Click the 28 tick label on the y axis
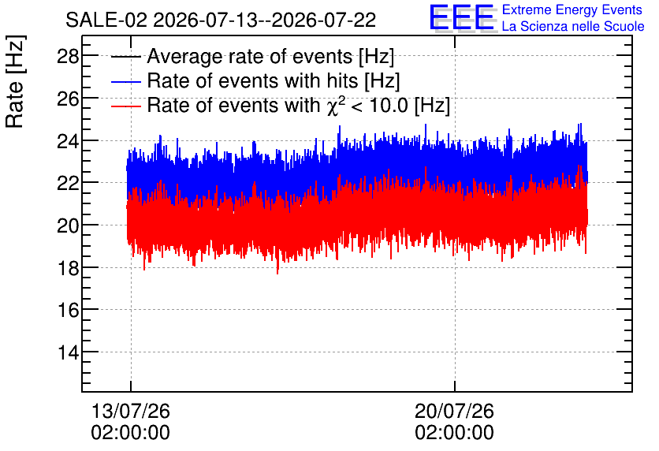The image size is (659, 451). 68,56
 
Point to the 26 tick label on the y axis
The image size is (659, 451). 68,99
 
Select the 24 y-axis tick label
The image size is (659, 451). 68,141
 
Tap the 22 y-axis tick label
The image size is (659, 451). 68,183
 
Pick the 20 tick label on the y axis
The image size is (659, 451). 68,225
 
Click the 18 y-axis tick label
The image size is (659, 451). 68,268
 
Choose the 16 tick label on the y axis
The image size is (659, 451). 68,310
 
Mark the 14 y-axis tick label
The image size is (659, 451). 68,352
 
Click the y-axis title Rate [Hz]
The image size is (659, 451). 15,81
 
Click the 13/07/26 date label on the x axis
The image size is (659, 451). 131,411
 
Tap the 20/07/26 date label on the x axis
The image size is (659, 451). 454,411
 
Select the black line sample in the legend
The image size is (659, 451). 125,57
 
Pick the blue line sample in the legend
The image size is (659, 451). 125,81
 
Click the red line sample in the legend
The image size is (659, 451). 125,106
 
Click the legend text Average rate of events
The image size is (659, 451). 250,56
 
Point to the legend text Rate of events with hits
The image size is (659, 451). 252,80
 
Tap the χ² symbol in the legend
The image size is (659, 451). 337,105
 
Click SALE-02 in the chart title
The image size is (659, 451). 106,20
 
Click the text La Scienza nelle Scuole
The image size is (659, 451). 573,26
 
